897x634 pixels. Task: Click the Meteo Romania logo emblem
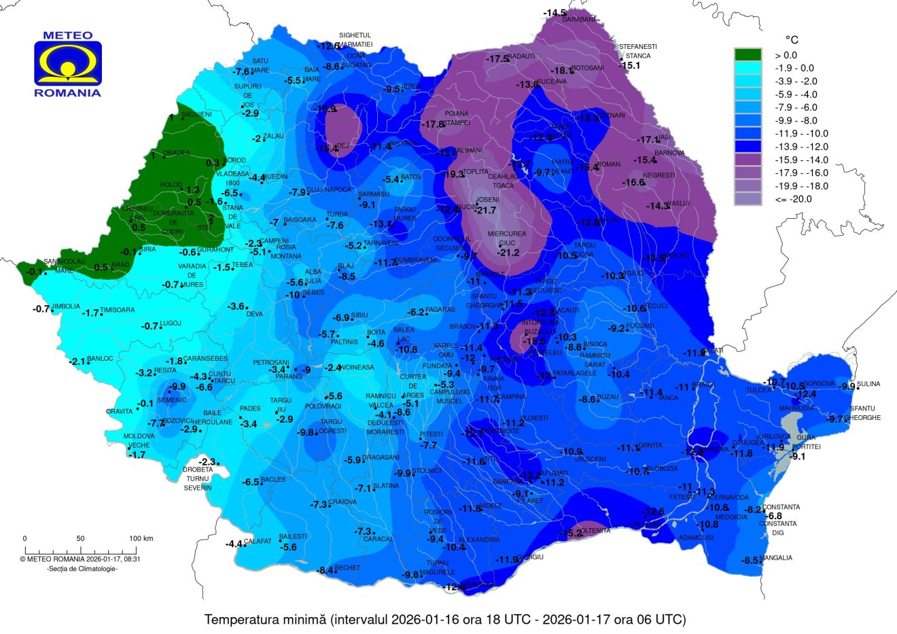[68, 63]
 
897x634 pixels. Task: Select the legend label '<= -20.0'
[793, 199]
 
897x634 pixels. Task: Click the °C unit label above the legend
[791, 40]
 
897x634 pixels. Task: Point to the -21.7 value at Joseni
[487, 210]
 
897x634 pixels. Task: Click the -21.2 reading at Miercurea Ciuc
[508, 253]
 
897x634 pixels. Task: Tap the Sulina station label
[868, 384]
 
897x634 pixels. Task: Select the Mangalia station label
[776, 558]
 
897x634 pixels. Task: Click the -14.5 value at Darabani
[555, 13]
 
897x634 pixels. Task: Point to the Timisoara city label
[118, 310]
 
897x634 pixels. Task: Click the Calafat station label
[258, 542]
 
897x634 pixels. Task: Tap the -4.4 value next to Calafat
[234, 544]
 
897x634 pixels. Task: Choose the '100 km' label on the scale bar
[141, 538]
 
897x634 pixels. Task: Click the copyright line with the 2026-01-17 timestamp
[80, 559]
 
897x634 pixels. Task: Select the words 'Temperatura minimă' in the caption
[266, 620]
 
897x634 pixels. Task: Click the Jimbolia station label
[66, 306]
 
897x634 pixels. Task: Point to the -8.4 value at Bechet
[326, 570]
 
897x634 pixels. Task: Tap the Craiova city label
[342, 502]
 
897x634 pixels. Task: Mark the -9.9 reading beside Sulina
[847, 387]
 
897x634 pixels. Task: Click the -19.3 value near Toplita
[453, 175]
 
